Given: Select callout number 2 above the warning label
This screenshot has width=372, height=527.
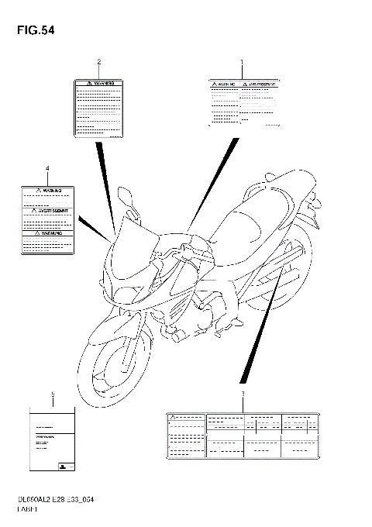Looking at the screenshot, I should pyautogui.click(x=98, y=61).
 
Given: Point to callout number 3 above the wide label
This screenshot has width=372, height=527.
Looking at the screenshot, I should pyautogui.click(x=243, y=394).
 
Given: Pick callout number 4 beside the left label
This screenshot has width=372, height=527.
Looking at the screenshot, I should pyautogui.click(x=47, y=168).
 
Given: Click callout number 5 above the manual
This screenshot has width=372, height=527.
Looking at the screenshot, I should pyautogui.click(x=53, y=394).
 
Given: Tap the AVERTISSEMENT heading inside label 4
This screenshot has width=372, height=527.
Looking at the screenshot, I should pyautogui.click(x=49, y=209).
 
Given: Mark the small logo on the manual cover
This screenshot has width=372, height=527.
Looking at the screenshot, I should pyautogui.click(x=60, y=466).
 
